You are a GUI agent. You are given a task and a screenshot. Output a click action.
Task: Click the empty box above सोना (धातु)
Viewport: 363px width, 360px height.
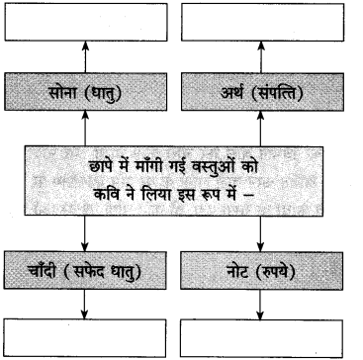[88, 22]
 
